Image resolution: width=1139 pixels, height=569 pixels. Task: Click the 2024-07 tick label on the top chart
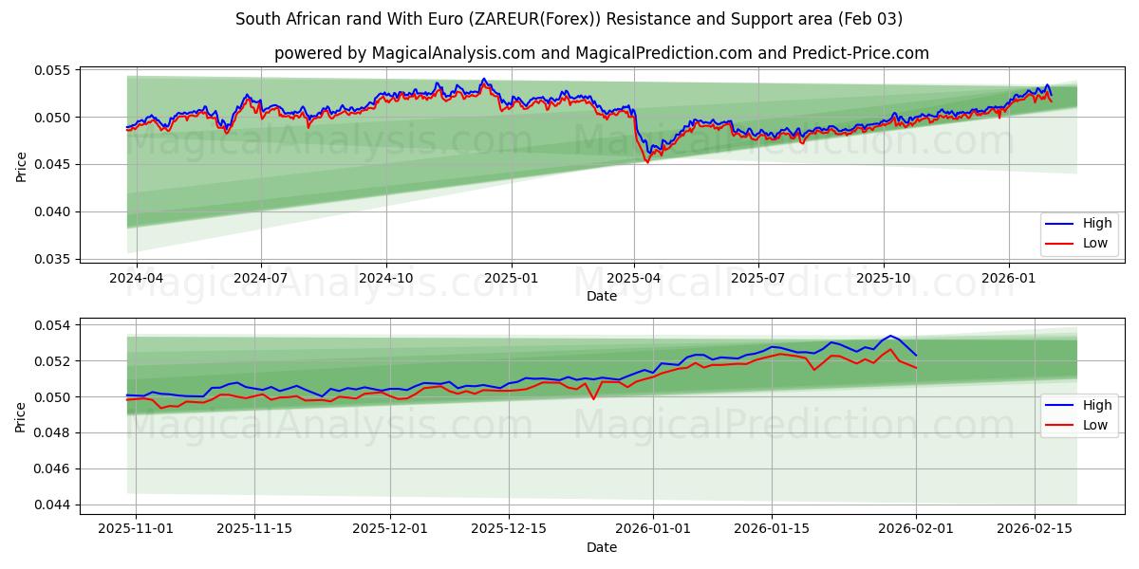tap(261, 278)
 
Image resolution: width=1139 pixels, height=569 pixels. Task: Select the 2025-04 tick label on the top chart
tap(634, 278)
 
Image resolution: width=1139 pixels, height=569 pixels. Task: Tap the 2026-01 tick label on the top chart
tap(1008, 278)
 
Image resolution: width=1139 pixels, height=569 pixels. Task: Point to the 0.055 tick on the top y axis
tap(53, 70)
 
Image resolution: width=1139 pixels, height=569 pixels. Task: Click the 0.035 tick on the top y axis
tap(53, 259)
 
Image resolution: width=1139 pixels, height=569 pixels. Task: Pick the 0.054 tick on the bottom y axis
tap(53, 325)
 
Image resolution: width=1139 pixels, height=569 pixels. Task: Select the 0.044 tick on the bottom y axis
tap(53, 505)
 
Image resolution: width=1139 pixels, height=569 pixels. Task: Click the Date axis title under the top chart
tap(602, 296)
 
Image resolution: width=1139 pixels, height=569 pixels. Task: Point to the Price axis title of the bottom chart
tap(21, 416)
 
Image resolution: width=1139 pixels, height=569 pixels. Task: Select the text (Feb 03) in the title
tap(872, 19)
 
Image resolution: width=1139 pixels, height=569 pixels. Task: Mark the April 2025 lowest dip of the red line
tap(647, 162)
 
